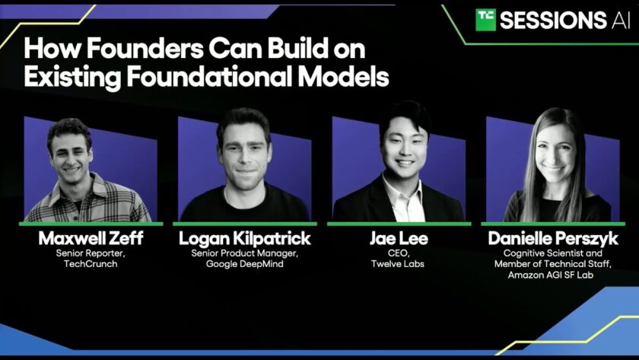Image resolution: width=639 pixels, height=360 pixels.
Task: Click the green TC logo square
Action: click(486, 20)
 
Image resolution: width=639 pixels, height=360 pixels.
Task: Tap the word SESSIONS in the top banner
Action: click(553, 21)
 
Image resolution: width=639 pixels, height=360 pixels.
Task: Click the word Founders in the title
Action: click(145, 49)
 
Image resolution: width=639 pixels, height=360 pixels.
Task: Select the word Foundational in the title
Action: click(209, 76)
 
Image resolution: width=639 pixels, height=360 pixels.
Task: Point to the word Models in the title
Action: click(343, 76)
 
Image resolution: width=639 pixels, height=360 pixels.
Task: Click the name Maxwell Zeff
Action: click(91, 238)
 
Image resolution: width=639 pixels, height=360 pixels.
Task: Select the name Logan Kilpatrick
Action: click(244, 238)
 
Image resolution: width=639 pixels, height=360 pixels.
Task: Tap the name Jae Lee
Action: click(399, 238)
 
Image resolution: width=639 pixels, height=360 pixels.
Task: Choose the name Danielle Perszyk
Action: click(553, 239)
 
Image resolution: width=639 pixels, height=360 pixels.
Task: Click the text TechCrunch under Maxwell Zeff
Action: click(91, 264)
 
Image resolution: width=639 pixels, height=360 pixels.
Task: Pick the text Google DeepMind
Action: click(244, 264)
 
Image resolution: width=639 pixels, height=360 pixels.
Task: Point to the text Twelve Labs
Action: click(398, 264)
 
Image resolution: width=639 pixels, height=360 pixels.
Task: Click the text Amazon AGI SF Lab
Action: click(551, 275)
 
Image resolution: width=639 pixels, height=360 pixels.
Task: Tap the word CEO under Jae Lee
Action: click(398, 253)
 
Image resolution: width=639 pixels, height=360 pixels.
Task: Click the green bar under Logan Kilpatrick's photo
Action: click(244, 224)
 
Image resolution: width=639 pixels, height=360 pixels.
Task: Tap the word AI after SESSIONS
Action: click(621, 21)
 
